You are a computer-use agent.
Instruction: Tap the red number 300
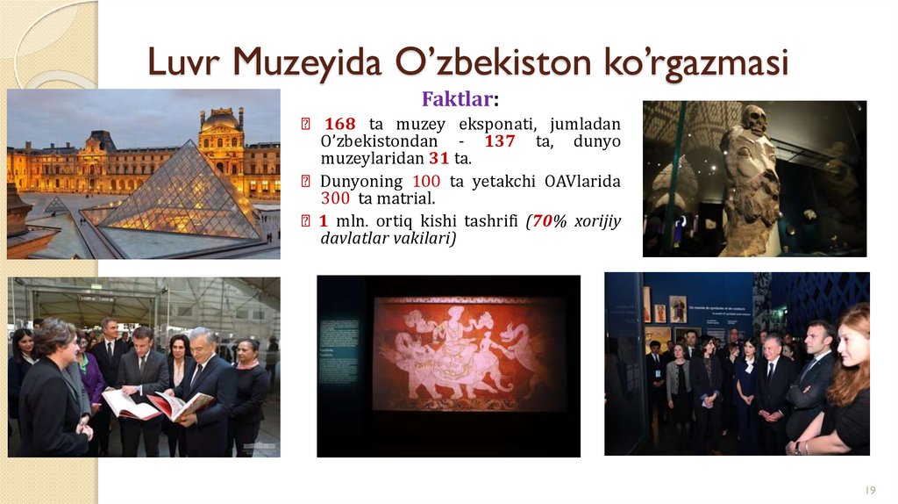tap(337, 199)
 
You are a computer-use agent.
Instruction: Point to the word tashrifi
tap(486, 220)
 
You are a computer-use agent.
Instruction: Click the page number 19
tap(870, 488)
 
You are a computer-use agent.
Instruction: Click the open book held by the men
tap(158, 405)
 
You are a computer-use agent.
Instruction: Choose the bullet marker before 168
tap(304, 124)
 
